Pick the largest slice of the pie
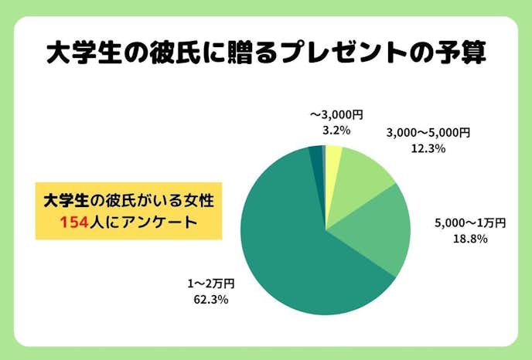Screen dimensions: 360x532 pos(294,247)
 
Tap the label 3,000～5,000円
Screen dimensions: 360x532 pos(428,133)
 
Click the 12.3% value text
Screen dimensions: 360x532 pos(428,148)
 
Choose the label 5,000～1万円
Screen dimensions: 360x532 pos(470,223)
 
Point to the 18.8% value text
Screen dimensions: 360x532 pos(470,239)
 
